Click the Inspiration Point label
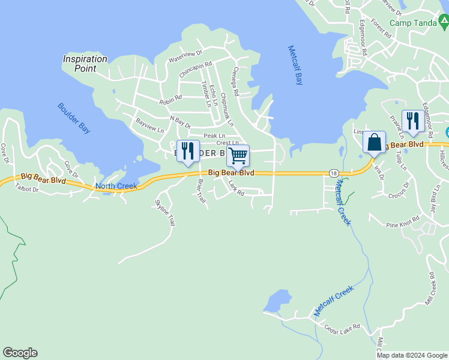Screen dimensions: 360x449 [85, 64]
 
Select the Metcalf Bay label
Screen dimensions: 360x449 [294, 65]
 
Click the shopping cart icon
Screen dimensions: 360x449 [238, 156]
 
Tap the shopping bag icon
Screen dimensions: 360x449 [374, 143]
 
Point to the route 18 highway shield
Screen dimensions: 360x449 [333, 173]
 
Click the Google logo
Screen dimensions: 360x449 [20, 353]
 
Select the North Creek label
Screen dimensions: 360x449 [116, 186]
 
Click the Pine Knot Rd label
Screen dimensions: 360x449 [402, 225]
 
